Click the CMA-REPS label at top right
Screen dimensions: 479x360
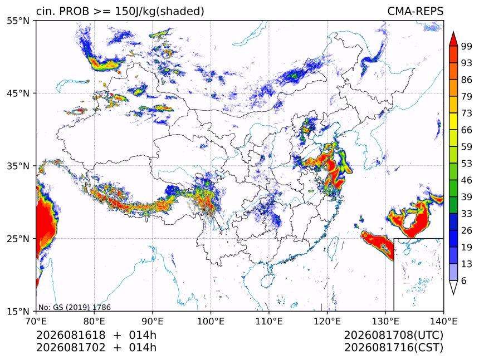(x=415, y=11)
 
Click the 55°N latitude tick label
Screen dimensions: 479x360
(x=18, y=21)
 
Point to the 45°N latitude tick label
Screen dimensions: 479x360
(x=18, y=93)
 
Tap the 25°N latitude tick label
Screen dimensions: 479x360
(x=18, y=239)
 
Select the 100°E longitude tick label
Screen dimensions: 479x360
(x=211, y=321)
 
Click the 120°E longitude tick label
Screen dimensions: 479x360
(x=327, y=321)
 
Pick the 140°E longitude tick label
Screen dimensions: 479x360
(x=443, y=321)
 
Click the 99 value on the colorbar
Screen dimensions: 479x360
(x=467, y=46)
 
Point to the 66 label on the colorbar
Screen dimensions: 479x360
(x=467, y=130)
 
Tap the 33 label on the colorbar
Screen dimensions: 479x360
(x=467, y=214)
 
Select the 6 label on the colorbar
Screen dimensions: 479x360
(x=464, y=280)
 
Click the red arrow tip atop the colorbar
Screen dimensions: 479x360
(x=453, y=32)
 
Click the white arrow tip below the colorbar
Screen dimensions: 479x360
(x=453, y=294)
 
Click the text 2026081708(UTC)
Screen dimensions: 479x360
(x=393, y=336)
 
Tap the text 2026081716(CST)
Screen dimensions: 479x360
(x=393, y=348)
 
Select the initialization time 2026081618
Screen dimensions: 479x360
(x=71, y=335)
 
